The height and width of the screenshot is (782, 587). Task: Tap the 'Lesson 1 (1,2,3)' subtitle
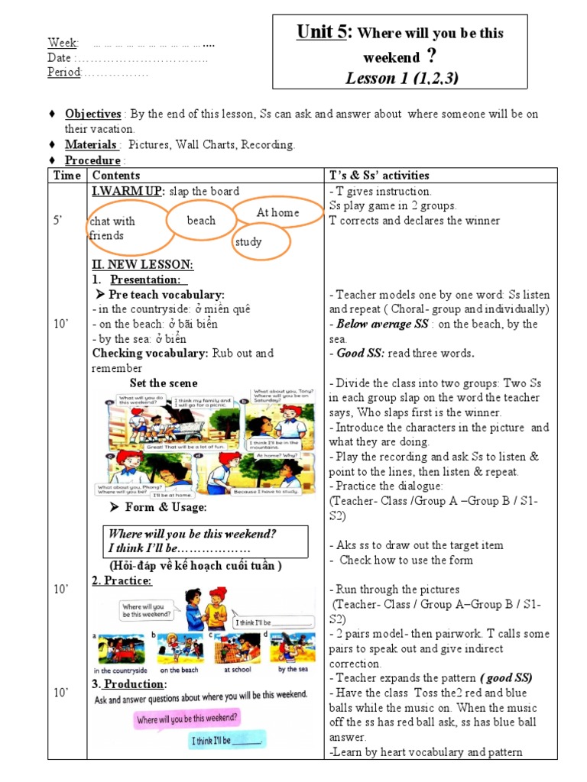tap(402, 78)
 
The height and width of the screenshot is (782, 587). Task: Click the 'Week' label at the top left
tap(63, 43)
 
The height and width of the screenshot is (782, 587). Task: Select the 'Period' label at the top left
tap(64, 73)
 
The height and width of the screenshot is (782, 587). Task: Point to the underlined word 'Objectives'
tap(92, 114)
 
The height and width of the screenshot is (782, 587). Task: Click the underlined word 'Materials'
tap(91, 144)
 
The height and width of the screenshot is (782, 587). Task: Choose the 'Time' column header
tap(67, 176)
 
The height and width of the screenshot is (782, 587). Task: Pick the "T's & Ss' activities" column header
tap(379, 176)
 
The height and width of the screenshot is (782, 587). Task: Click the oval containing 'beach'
tap(201, 221)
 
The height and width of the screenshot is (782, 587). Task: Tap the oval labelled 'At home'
tap(277, 212)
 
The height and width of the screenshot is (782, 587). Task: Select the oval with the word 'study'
tap(260, 242)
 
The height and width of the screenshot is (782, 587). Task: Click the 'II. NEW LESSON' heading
tap(142, 264)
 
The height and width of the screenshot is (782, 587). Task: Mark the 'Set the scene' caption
tap(164, 383)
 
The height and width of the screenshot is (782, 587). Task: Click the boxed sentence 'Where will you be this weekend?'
tap(193, 534)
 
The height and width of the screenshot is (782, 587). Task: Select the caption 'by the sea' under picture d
tap(292, 669)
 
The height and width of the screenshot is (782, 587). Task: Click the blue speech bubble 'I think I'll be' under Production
tap(227, 740)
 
